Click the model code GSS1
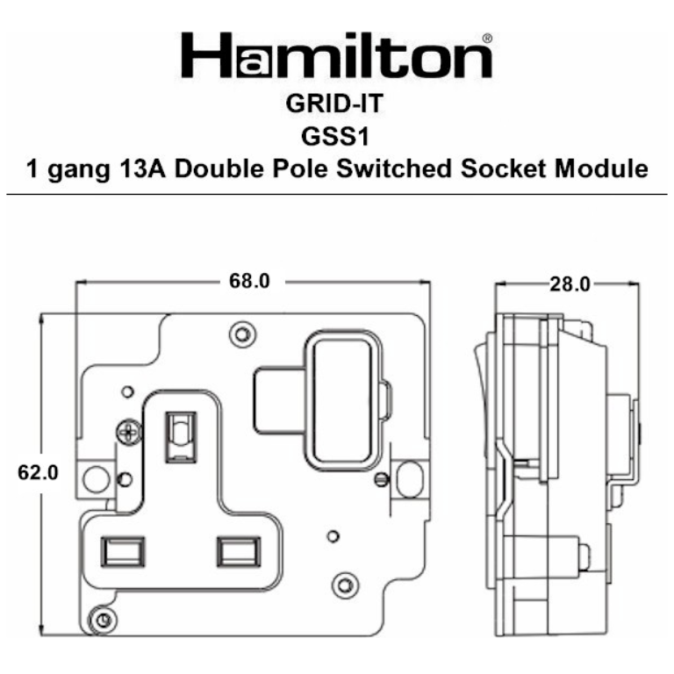click(x=336, y=136)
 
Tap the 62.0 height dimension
click(x=38, y=472)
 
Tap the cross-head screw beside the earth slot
click(x=128, y=432)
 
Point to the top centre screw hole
click(x=238, y=333)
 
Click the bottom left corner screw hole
click(x=104, y=620)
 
